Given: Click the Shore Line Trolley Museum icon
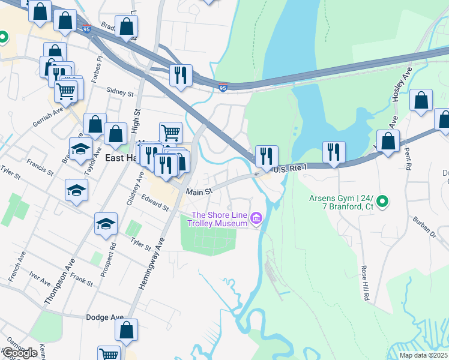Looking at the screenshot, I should point(256,217).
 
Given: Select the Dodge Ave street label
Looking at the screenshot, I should point(104,317).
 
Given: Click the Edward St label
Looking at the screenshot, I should point(155,201).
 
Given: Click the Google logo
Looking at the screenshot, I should point(20,353).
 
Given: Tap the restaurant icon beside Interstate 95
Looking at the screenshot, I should point(180,75).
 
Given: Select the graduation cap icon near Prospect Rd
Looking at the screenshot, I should point(106,224).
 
